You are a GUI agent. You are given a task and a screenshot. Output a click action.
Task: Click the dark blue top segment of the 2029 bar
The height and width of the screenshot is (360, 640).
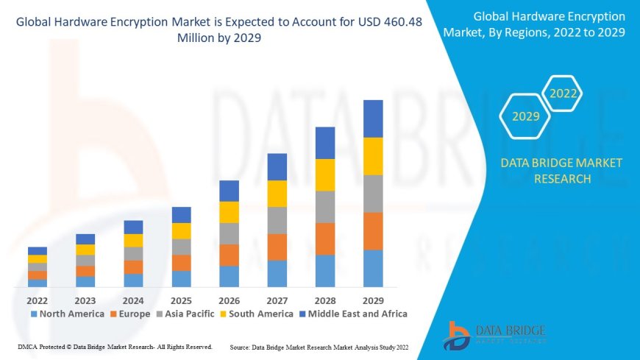point(373,119)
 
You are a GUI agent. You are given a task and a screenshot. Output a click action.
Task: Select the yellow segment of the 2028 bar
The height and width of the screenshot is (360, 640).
point(325,174)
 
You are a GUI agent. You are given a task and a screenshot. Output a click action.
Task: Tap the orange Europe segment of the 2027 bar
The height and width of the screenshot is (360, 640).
point(277,247)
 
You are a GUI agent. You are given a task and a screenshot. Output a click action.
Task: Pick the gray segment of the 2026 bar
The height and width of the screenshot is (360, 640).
point(229,233)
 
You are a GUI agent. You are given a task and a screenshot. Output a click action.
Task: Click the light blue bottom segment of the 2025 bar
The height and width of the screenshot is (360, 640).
point(181,278)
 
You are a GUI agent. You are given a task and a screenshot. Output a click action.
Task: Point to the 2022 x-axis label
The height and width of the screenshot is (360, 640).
point(38,300)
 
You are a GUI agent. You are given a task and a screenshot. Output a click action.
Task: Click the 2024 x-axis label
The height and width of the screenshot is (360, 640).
point(133,300)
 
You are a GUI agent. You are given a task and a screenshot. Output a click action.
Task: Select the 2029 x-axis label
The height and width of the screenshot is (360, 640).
point(373,300)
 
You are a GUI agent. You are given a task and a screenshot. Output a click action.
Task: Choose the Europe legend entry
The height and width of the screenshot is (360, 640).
point(129,314)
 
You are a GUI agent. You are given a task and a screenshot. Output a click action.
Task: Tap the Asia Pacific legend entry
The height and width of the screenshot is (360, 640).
point(184,314)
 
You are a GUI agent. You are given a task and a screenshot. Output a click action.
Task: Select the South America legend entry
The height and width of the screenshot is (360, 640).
point(255,314)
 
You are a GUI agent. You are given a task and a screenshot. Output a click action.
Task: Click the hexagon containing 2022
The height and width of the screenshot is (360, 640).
point(563,93)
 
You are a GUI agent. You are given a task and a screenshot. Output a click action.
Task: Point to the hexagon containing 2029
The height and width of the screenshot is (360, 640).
point(526,116)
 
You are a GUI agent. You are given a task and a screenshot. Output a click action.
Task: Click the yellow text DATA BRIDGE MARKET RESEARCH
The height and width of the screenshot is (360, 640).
point(561,171)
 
